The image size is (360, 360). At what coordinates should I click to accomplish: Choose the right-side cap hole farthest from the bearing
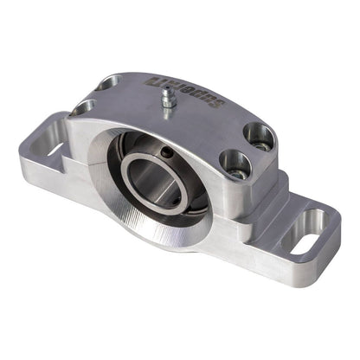pos(259,135)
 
